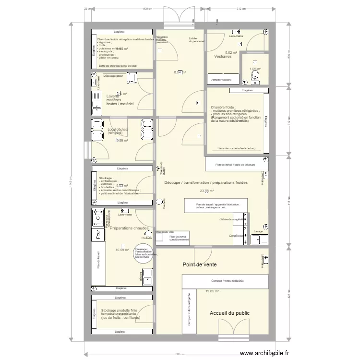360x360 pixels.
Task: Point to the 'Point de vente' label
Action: pos(199,264)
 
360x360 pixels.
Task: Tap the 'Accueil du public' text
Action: pos(229,313)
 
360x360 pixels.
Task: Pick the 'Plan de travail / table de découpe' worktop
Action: pos(235,165)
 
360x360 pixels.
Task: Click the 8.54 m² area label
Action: pos(180,72)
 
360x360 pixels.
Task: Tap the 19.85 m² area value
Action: pos(212,291)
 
